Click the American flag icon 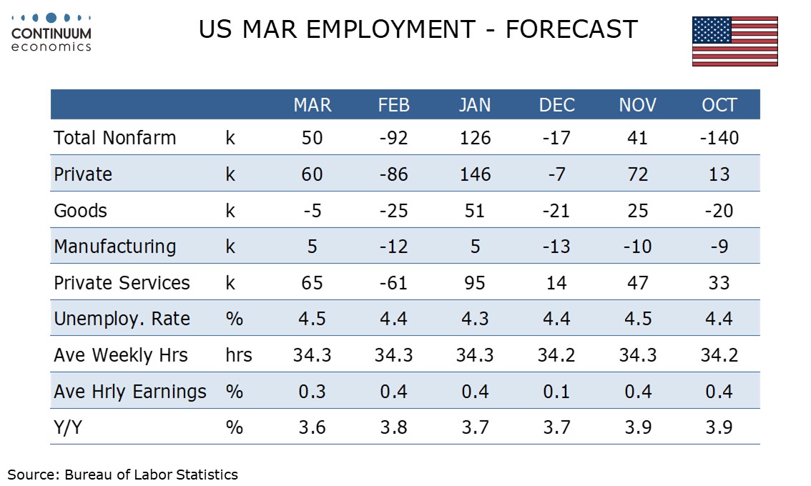pyautogui.click(x=734, y=41)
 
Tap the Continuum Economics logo pyautogui.click(x=51, y=32)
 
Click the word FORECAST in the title pyautogui.click(x=571, y=30)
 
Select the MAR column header pyautogui.click(x=313, y=105)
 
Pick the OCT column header pyautogui.click(x=719, y=105)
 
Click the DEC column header pyautogui.click(x=556, y=105)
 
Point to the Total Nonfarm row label pyautogui.click(x=114, y=138)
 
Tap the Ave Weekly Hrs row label pyautogui.click(x=121, y=355)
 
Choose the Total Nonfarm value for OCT pyautogui.click(x=719, y=138)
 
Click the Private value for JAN pyautogui.click(x=475, y=174)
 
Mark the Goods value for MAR pyautogui.click(x=313, y=211)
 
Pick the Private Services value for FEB pyautogui.click(x=393, y=283)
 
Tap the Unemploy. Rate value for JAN pyautogui.click(x=475, y=319)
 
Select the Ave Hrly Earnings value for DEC pyautogui.click(x=556, y=392)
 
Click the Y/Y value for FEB pyautogui.click(x=393, y=427)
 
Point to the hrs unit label pyautogui.click(x=239, y=355)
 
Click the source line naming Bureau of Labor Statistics pyautogui.click(x=122, y=474)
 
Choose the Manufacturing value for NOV pyautogui.click(x=638, y=247)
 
